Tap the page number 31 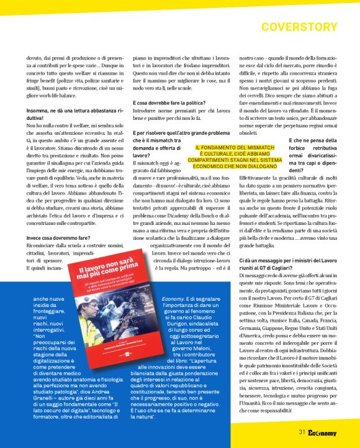[x=301, y=432]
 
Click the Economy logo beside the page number [x=322, y=432]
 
